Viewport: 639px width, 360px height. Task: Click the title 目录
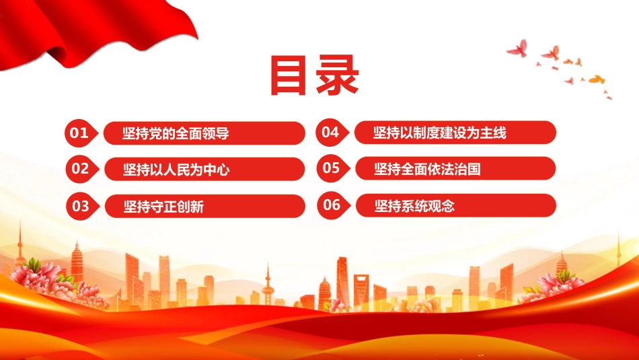(315, 76)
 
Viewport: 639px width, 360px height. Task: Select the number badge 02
(82, 169)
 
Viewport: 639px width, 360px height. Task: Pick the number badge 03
(82, 206)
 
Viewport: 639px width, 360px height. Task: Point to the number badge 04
(332, 132)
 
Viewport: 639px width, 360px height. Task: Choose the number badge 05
(333, 168)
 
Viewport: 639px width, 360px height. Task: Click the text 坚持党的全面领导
(176, 133)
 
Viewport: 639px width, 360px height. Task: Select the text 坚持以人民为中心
(176, 169)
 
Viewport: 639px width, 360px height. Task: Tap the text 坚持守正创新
(163, 207)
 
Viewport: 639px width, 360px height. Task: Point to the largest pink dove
(519, 48)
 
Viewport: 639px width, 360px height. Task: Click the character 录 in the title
(337, 76)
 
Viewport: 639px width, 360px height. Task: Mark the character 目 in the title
(288, 77)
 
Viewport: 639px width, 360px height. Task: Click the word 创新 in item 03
(190, 207)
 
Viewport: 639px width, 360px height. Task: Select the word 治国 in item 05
(467, 169)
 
